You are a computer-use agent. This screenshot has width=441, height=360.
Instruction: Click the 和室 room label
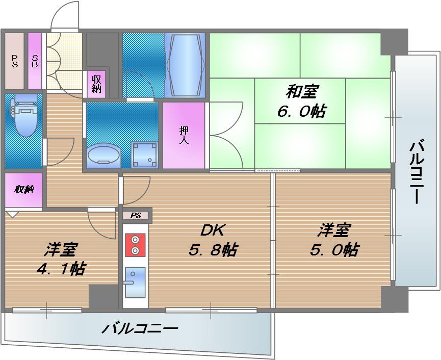[x=302, y=92]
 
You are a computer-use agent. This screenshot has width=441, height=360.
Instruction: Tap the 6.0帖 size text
[x=302, y=111]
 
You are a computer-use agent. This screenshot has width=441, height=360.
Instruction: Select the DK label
[x=212, y=230]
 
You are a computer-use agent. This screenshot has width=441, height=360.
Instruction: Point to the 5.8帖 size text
[x=214, y=250]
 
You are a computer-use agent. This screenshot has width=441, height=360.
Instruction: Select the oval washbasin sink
[x=104, y=155]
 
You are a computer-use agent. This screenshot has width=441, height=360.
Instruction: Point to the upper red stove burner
[x=135, y=240]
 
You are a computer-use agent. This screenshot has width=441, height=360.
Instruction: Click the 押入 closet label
[x=184, y=135]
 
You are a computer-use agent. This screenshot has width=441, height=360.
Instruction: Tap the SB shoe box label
[x=35, y=61]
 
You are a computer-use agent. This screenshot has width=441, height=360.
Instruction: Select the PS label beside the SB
[x=14, y=61]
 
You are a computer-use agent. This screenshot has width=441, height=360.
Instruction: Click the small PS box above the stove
[x=136, y=216]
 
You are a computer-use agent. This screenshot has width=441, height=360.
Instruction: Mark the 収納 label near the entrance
[x=96, y=83]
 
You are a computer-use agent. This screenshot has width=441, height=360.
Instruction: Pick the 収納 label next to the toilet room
[x=23, y=190]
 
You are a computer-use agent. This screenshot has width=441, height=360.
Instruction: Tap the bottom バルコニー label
[x=139, y=328]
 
